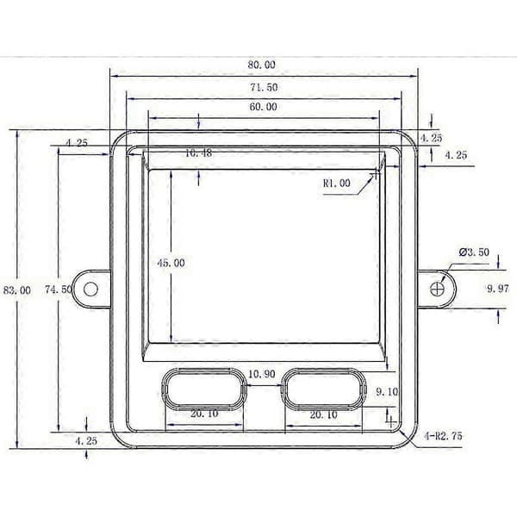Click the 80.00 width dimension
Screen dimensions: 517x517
(x=261, y=65)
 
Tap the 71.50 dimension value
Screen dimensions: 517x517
(x=264, y=87)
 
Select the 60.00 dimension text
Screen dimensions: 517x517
(x=263, y=107)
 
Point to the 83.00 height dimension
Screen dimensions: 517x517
(x=17, y=290)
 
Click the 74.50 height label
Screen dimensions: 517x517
(x=59, y=290)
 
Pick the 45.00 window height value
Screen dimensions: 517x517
(x=171, y=263)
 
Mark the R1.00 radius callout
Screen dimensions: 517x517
(x=336, y=184)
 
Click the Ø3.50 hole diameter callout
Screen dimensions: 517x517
(x=474, y=252)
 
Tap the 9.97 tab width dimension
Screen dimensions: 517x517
(x=498, y=289)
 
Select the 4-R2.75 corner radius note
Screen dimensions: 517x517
(x=443, y=436)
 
